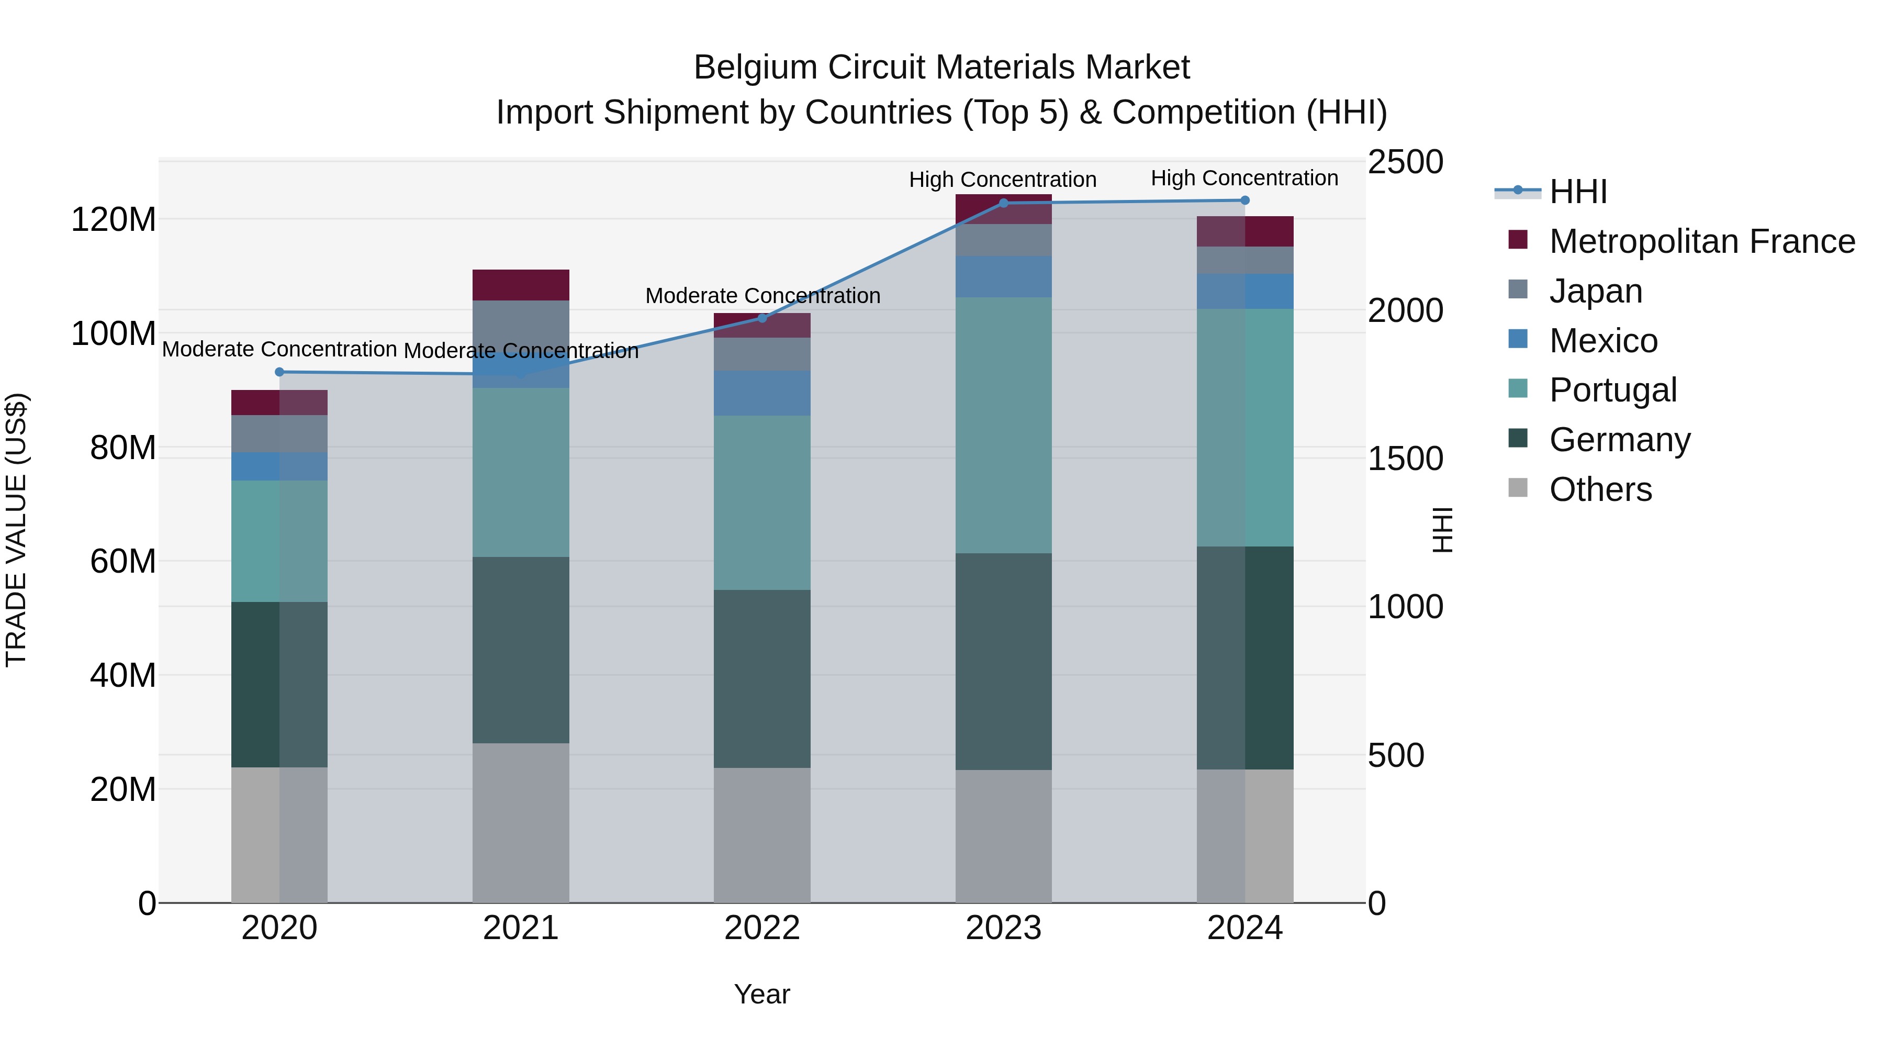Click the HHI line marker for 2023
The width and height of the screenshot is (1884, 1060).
[x=1003, y=204]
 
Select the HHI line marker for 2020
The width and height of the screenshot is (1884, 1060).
[x=279, y=372]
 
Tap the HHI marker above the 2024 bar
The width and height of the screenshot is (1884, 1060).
[x=1246, y=200]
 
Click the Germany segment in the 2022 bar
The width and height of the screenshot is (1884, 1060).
[x=762, y=679]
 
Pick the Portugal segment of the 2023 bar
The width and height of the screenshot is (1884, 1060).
[x=1003, y=425]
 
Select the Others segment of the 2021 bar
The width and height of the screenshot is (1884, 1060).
[x=521, y=823]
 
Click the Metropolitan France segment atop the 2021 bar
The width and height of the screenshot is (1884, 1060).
[x=521, y=285]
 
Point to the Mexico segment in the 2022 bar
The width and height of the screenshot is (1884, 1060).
[x=762, y=394]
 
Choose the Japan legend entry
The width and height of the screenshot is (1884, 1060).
[x=1595, y=291]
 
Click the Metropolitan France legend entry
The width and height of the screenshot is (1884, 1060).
[x=1701, y=241]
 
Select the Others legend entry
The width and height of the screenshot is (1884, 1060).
[x=1600, y=489]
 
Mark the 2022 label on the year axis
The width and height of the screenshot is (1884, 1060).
[x=762, y=928]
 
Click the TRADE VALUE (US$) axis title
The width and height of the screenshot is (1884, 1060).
[x=16, y=530]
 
